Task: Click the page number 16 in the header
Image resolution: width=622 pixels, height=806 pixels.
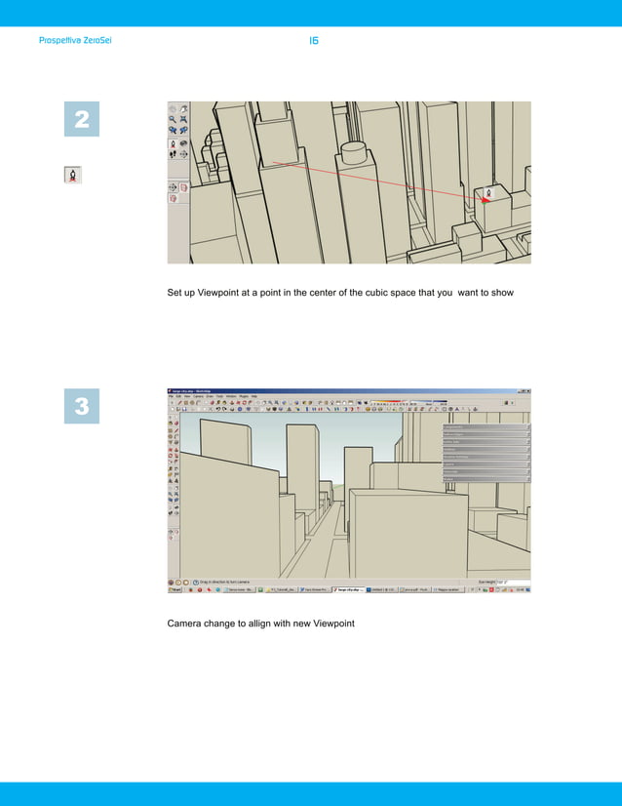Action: click(x=314, y=41)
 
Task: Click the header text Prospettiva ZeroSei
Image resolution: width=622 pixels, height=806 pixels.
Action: click(x=75, y=42)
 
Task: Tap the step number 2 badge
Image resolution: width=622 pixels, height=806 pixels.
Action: click(x=82, y=121)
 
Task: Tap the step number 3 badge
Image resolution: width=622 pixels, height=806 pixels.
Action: click(x=82, y=407)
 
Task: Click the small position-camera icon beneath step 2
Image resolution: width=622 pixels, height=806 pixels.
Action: click(x=72, y=176)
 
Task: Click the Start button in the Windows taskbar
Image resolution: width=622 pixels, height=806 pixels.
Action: click(x=175, y=590)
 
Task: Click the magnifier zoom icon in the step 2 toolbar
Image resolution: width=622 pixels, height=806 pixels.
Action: click(x=173, y=118)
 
